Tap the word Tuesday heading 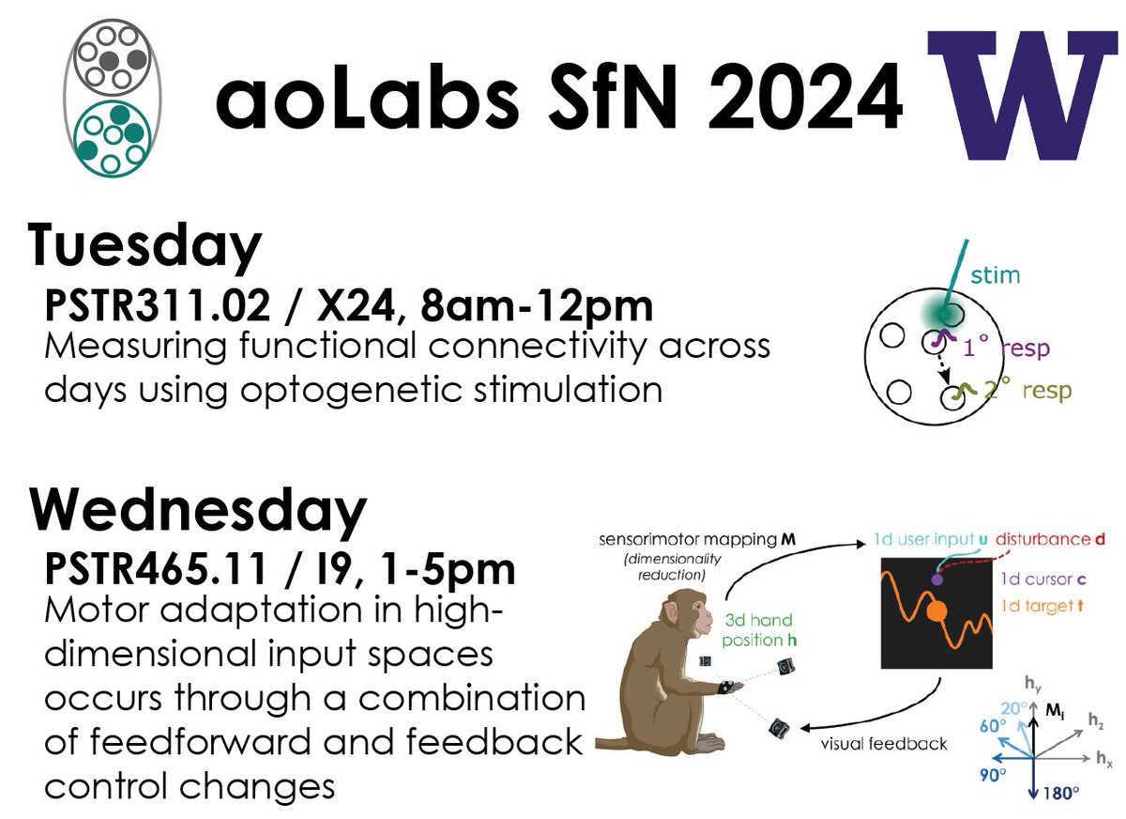click(x=144, y=246)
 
